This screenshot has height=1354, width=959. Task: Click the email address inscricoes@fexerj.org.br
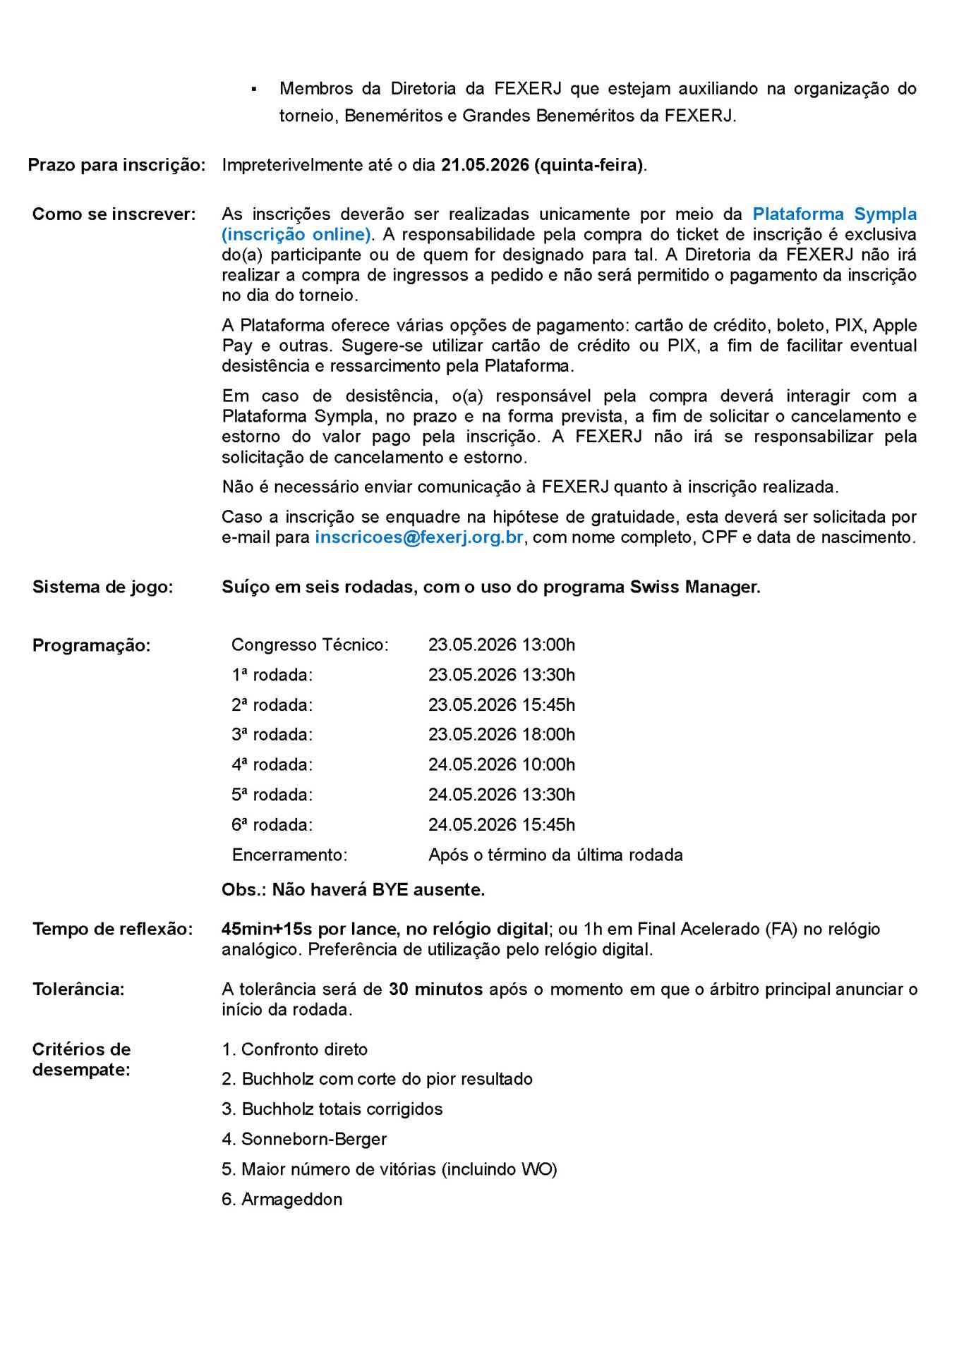(x=418, y=537)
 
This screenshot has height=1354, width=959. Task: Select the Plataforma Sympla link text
(x=834, y=214)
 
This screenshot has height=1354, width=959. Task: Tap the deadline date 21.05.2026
(x=485, y=165)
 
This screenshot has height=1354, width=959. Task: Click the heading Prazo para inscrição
(x=116, y=165)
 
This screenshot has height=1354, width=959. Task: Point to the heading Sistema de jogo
(x=102, y=587)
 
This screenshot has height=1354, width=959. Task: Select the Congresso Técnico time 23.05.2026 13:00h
(x=501, y=645)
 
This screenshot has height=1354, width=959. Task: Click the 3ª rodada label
(x=272, y=735)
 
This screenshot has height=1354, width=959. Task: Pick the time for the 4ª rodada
(x=501, y=764)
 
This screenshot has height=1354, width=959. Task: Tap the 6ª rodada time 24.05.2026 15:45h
(x=501, y=824)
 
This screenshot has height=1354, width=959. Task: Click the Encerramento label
(x=289, y=855)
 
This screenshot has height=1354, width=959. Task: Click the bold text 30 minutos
(x=435, y=989)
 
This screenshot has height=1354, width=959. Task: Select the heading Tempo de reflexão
(x=112, y=929)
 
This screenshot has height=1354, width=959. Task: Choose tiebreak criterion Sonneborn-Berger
(x=313, y=1139)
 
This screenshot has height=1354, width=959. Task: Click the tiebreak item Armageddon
(x=291, y=1199)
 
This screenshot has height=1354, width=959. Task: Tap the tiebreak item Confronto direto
(x=304, y=1049)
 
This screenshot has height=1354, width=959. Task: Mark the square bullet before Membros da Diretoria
(x=254, y=90)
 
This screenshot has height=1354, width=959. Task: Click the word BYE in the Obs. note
(x=390, y=889)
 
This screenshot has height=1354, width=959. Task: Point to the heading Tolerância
(x=78, y=989)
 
